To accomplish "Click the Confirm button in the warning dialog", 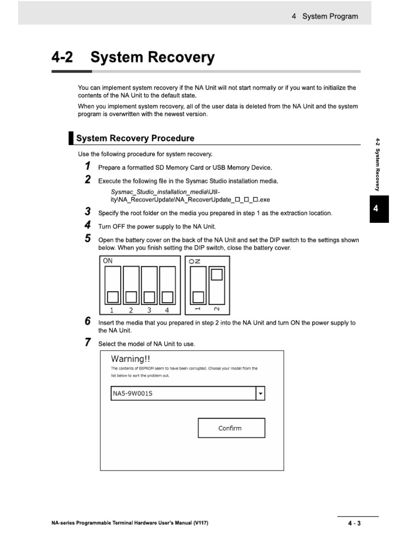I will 231,428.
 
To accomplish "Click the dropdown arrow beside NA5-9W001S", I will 260,394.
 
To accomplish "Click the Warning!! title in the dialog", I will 130,359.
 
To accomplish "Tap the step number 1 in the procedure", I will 88,167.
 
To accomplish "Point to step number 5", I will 88,239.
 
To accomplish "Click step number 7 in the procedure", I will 88,342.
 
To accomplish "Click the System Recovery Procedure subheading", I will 135,138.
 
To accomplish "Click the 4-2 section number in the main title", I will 62,57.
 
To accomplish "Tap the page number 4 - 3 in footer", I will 354,523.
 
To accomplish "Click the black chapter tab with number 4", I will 375,209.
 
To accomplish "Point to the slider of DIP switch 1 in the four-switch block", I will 112,296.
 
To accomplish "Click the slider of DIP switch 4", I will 167,296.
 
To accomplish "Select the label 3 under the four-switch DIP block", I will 149,310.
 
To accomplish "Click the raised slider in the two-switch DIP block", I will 217,274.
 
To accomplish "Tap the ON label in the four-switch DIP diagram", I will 108,261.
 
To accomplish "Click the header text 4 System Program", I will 324,16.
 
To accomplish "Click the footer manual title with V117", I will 127,523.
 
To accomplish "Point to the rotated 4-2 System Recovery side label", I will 378,164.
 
